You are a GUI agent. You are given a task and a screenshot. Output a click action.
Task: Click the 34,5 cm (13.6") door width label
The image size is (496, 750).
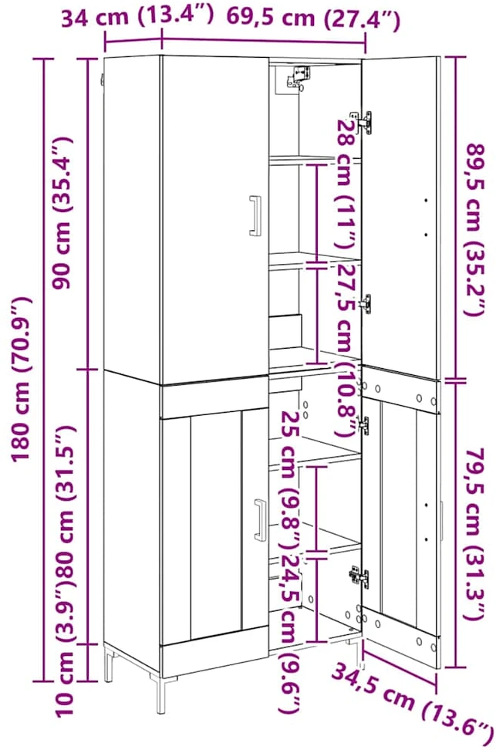(411, 703)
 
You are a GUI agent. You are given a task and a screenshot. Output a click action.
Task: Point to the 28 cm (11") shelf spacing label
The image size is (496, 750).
(346, 184)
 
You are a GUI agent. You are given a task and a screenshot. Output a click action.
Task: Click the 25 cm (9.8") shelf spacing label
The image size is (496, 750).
(290, 480)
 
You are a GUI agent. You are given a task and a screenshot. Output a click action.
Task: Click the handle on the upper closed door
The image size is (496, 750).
(255, 215)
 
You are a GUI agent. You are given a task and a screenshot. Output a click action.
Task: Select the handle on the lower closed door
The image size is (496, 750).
(261, 520)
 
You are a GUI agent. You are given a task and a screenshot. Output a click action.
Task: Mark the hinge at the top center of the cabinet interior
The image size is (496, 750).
(299, 77)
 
